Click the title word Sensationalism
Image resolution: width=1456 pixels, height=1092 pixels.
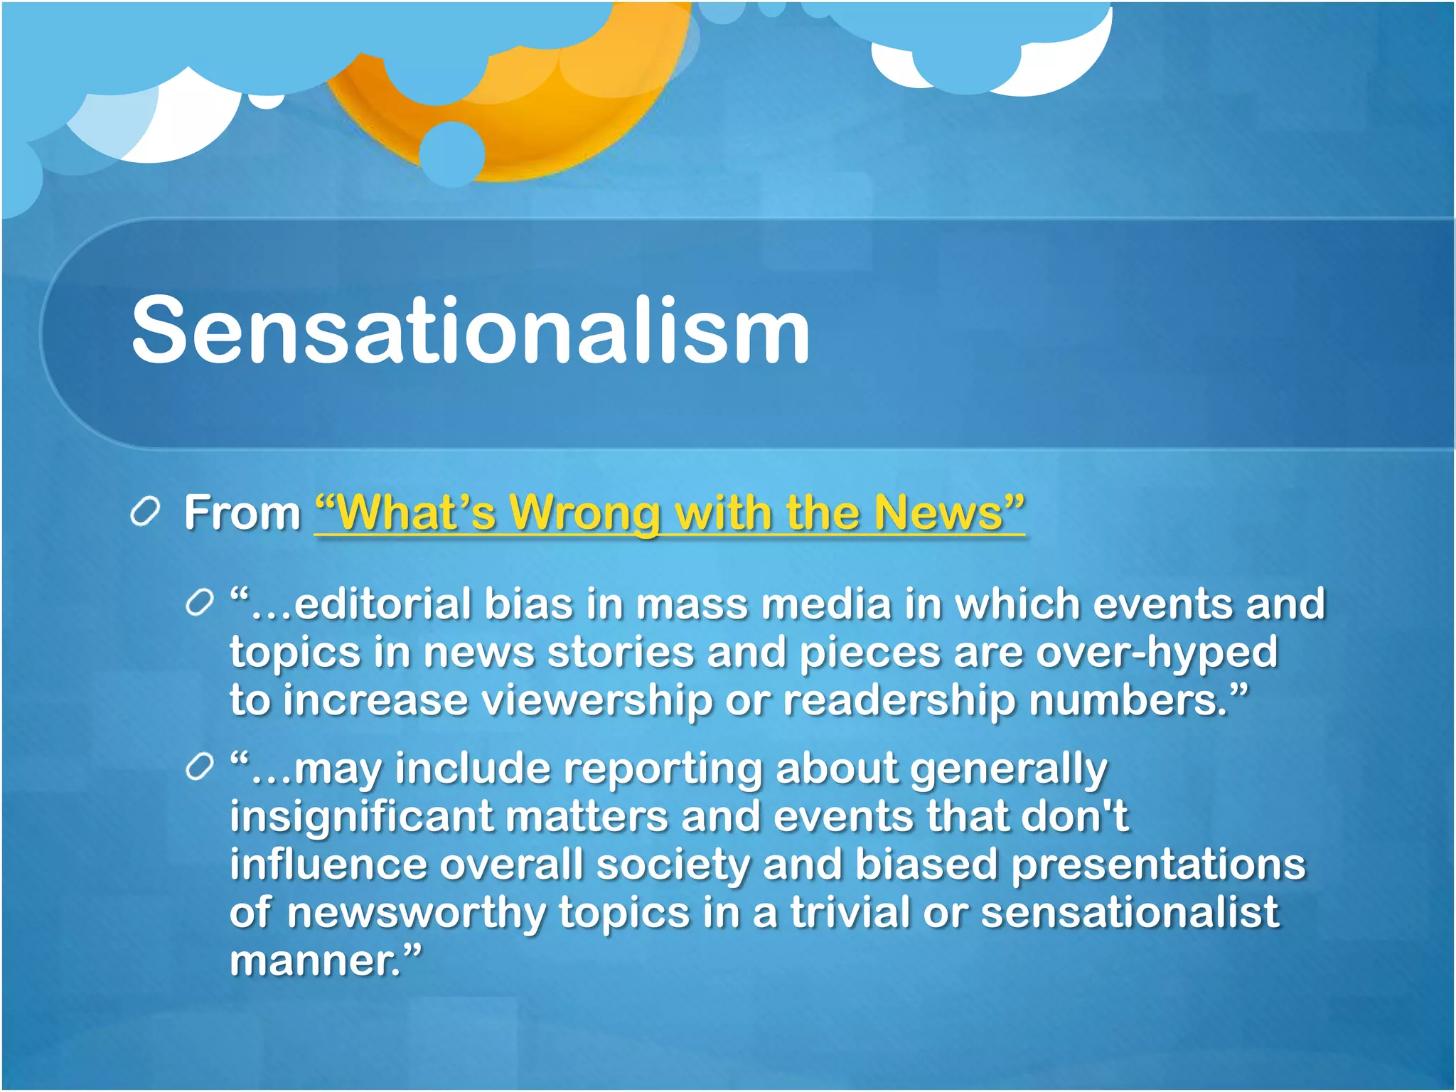(x=471, y=331)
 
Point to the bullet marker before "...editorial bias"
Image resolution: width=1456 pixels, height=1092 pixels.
(x=199, y=604)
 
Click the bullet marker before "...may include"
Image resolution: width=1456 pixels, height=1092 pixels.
(x=199, y=769)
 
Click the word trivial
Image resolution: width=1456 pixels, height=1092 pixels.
(x=850, y=912)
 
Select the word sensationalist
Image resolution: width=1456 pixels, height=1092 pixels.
(x=1130, y=912)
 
